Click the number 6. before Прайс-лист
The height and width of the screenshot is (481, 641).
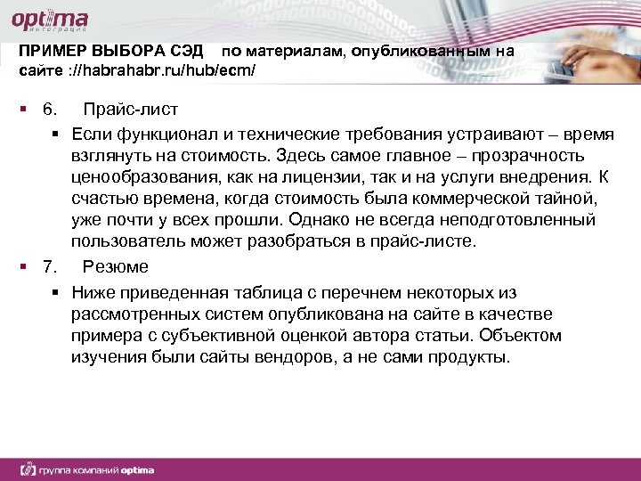50,110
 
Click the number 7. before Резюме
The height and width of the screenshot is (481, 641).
50,266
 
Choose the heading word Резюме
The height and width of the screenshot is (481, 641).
115,266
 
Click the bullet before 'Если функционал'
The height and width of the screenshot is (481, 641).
55,135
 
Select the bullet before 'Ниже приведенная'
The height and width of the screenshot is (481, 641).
55,292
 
